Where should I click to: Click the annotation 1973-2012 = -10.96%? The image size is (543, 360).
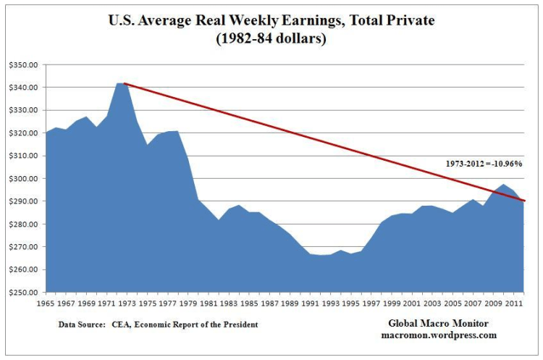pyautogui.click(x=484, y=164)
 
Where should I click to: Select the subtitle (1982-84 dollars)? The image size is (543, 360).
pyautogui.click(x=271, y=39)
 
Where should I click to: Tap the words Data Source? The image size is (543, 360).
pyautogui.click(x=81, y=325)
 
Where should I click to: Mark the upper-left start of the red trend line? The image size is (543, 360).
pyautogui.click(x=124, y=83)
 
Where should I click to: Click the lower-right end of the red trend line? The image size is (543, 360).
pyautogui.click(x=525, y=201)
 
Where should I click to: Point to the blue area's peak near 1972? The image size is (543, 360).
pyautogui.click(x=120, y=83)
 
